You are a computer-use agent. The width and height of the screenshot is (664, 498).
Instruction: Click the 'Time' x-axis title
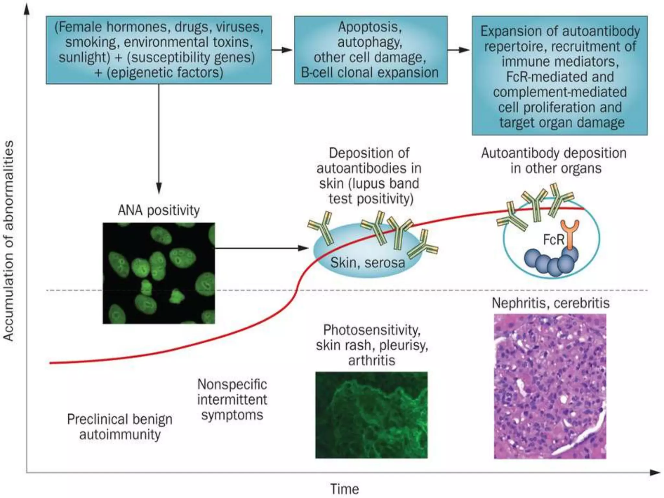pos(344,489)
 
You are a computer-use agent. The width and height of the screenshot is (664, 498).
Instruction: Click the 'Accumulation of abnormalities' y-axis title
pos(9,241)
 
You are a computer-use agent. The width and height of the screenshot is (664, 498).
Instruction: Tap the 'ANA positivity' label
pos(159,210)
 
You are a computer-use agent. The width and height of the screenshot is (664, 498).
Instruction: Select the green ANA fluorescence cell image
pos(159,273)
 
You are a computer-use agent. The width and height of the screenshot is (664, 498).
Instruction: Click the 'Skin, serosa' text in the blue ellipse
pos(367,263)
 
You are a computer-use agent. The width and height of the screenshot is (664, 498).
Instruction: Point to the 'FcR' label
pos(553,240)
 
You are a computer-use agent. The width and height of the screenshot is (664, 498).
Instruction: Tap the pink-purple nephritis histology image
pos(550,386)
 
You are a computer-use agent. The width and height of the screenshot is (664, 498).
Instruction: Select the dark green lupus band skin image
pos(371,415)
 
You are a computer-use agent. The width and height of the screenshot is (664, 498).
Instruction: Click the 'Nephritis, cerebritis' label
pos(551,303)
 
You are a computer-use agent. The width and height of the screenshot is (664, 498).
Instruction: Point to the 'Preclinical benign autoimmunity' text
pos(120,427)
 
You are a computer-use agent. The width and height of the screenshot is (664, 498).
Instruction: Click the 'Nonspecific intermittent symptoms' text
pos(232,399)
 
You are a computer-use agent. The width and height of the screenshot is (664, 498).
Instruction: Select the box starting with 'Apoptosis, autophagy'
pos(371,50)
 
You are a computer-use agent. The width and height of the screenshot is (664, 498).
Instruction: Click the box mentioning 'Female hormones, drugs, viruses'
pos(159,50)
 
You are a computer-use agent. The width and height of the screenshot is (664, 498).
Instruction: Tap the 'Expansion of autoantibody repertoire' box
pos(560,76)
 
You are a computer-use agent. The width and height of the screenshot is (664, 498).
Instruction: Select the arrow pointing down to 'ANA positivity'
pos(159,139)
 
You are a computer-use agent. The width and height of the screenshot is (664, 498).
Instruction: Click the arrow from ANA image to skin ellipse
pos(261,248)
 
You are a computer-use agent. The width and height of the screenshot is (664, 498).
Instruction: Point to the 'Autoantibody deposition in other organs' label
pos(554,160)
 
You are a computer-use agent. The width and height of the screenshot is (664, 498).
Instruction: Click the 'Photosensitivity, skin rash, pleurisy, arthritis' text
pos(372,345)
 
